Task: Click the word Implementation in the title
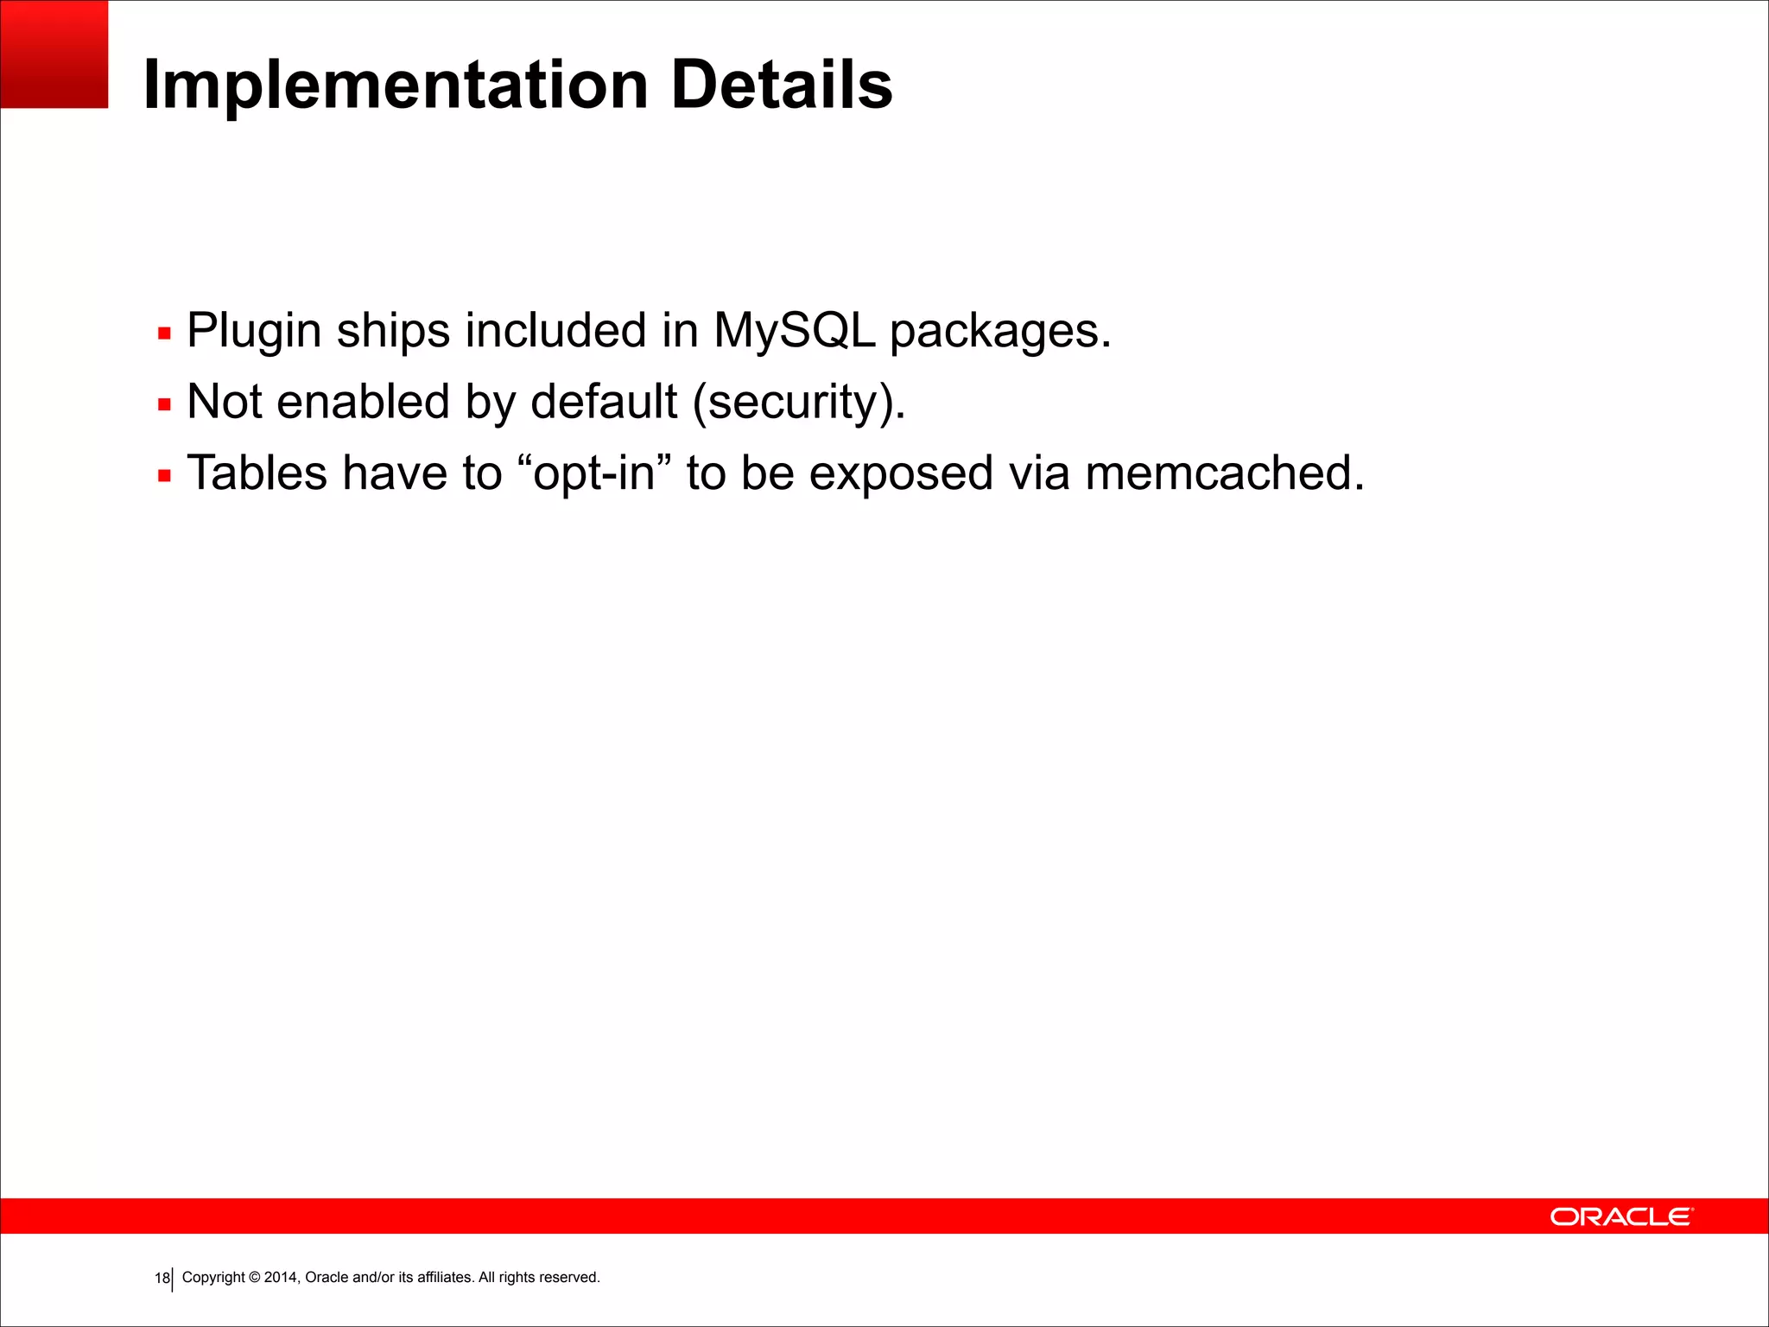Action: click(x=396, y=86)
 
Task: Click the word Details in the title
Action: click(x=781, y=85)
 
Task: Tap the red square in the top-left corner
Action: click(x=54, y=54)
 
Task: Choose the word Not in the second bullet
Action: click(x=224, y=402)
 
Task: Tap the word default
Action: click(x=604, y=402)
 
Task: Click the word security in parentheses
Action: click(x=799, y=403)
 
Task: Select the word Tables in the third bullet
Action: click(x=257, y=473)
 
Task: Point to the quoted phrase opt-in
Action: click(x=594, y=474)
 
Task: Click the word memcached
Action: click(x=1224, y=473)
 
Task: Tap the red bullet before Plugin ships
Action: click(x=165, y=333)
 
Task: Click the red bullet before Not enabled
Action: click(x=165, y=404)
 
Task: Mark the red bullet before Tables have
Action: click(x=165, y=475)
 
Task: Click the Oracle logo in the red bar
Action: click(x=1621, y=1216)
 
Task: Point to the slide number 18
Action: click(x=162, y=1279)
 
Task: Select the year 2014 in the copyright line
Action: click(x=281, y=1278)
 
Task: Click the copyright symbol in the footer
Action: click(x=254, y=1278)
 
